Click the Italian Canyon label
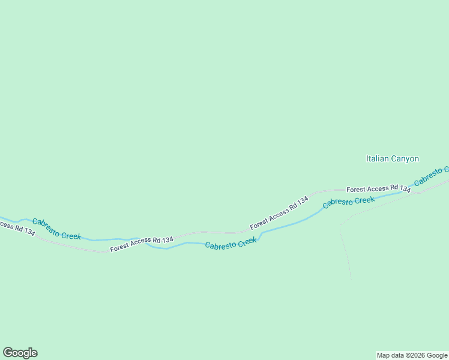392,159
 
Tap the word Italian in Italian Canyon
378,159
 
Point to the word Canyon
405,159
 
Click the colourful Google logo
20,353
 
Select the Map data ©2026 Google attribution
412,355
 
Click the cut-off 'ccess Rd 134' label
17,229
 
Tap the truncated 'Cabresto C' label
431,174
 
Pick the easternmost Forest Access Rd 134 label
378,188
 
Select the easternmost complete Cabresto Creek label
349,202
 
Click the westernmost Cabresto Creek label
56,229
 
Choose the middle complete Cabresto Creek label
231,244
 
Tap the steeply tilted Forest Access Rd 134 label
279,212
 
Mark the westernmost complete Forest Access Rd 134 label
142,244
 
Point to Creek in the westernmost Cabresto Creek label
71,233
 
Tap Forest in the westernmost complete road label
119,246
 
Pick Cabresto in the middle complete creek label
218,245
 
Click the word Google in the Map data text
437,355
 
